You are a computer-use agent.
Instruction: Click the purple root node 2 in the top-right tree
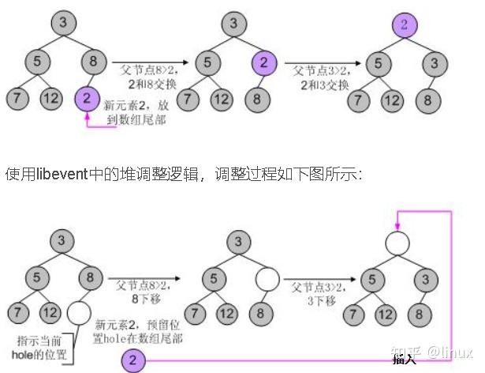tap(404, 25)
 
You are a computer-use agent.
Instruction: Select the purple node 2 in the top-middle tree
tap(265, 62)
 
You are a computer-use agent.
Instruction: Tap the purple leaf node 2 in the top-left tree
tap(88, 100)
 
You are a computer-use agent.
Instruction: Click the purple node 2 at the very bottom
tap(132, 361)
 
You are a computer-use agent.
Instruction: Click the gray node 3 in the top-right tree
tap(433, 62)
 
